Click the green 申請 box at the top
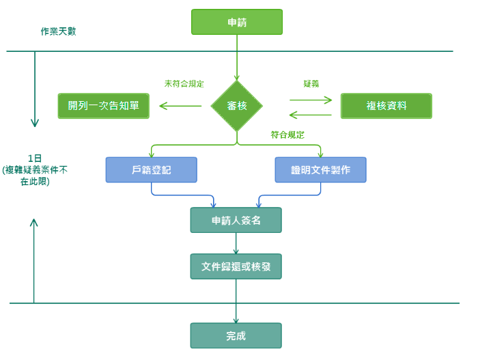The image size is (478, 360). coord(236,22)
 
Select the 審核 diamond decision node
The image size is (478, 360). coord(236,106)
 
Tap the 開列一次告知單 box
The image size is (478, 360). coord(103,106)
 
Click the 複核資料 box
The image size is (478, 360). coord(386,106)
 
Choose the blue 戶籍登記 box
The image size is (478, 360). coord(151,169)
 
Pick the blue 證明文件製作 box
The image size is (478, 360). coord(320,169)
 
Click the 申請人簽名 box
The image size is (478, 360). coord(236,221)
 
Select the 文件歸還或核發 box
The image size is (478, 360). coord(236,266)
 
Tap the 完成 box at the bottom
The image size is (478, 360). coord(236,335)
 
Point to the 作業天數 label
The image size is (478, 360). coord(58,31)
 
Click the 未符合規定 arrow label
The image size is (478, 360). coord(184,83)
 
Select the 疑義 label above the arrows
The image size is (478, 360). coord(311,83)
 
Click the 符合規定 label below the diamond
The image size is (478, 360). coord(287,135)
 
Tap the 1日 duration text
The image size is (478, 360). coord(35,158)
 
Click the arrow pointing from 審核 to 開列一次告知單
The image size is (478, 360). coord(180,106)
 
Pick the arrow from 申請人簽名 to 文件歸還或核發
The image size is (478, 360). coord(236,244)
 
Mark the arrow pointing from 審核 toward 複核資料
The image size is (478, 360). coord(311,99)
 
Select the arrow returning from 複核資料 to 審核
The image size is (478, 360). coord(311,114)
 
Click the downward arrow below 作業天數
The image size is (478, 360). coord(35,89)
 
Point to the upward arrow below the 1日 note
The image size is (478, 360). coord(34,260)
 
